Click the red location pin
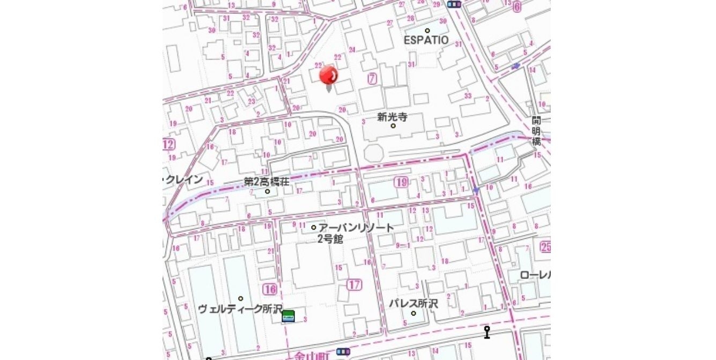[329, 76]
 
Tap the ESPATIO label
[426, 40]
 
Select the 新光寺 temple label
[392, 116]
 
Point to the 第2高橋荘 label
[267, 182]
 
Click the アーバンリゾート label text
[356, 228]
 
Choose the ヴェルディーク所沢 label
[240, 309]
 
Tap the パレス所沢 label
[413, 304]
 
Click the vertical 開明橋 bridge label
[536, 130]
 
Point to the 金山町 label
[314, 355]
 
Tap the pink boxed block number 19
[401, 182]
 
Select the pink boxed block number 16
[270, 290]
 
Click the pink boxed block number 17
[354, 285]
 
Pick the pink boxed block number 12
[168, 144]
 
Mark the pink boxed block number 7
[372, 78]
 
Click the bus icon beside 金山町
[343, 352]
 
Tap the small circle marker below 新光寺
[393, 126]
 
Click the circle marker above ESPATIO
[427, 31]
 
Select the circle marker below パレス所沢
[414, 313]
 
